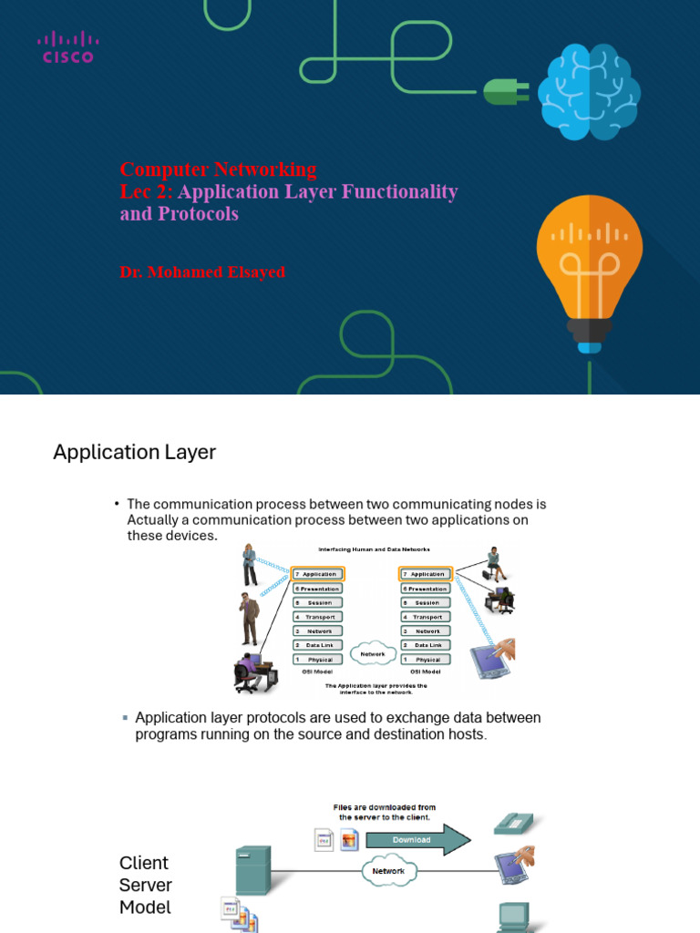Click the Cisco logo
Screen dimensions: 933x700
[67, 46]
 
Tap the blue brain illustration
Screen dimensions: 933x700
[588, 93]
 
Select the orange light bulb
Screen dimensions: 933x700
[589, 270]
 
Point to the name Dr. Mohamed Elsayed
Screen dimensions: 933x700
[202, 272]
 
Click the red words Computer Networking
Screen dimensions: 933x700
[219, 169]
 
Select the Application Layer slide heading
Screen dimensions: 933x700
[135, 453]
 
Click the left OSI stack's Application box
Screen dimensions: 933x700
[319, 574]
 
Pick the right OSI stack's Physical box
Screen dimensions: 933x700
[427, 659]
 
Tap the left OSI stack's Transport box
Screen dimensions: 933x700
[319, 617]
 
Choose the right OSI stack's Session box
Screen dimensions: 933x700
[427, 602]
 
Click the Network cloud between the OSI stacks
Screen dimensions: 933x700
[373, 654]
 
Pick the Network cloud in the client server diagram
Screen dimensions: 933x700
[389, 871]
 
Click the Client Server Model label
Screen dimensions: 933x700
[146, 885]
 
